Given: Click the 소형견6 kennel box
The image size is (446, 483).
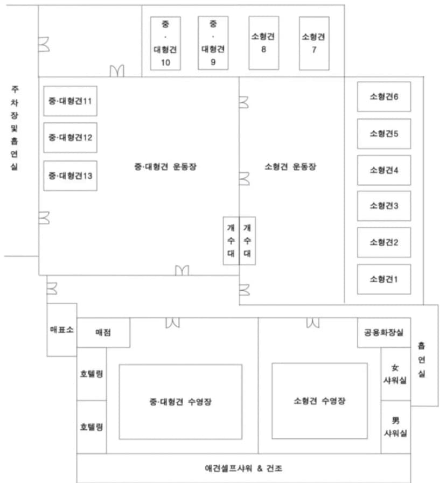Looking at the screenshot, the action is tap(384, 96).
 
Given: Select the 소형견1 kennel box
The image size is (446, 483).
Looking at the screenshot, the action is tap(384, 279).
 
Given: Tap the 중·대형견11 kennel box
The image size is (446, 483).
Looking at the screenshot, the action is tap(70, 101).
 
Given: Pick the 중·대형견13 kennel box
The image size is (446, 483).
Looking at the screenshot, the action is tap(70, 176).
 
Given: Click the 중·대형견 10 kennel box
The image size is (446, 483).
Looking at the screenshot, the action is tap(165, 44).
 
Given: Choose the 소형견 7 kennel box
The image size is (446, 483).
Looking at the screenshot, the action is tap(314, 44).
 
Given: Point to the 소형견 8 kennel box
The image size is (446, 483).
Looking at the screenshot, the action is tap(264, 43).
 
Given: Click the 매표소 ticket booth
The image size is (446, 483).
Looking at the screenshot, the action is tap(62, 330).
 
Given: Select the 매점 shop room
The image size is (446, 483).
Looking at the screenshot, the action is tap(103, 333).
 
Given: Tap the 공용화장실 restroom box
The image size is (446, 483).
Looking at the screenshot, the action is tap(384, 333).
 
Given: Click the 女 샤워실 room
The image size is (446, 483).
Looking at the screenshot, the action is tap(396, 374).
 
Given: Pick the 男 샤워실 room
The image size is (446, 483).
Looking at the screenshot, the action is tap(396, 427).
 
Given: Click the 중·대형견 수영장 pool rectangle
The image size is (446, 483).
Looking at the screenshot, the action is tap(180, 402).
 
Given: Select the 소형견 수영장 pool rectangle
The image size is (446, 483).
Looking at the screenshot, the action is tap(319, 401).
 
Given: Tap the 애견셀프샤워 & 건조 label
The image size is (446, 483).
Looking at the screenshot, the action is tap(243, 468).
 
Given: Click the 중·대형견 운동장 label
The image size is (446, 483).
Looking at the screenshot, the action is tap(165, 166).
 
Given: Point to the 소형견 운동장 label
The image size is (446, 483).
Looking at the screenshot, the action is tap(290, 166).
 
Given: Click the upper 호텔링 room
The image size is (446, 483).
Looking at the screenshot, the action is tap(92, 374).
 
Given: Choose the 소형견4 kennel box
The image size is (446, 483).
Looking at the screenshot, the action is tap(384, 170).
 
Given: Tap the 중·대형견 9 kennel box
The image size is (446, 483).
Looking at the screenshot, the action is tap(213, 43).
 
